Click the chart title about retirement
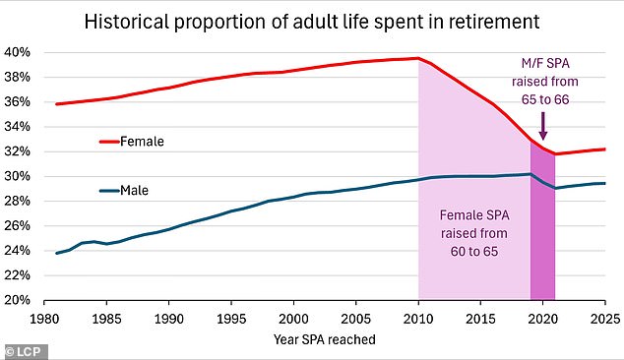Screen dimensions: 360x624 (312, 19)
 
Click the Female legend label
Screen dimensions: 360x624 (144, 142)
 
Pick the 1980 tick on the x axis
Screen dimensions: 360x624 (43, 320)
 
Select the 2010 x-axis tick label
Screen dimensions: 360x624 (419, 320)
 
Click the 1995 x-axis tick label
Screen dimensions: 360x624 (231, 320)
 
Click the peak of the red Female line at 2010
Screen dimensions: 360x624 (419, 58)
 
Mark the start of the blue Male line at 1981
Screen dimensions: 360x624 (56, 253)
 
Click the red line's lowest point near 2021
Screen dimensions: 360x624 (556, 153)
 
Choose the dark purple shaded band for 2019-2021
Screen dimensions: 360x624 (542, 246)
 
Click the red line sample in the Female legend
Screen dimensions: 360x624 (109, 142)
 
